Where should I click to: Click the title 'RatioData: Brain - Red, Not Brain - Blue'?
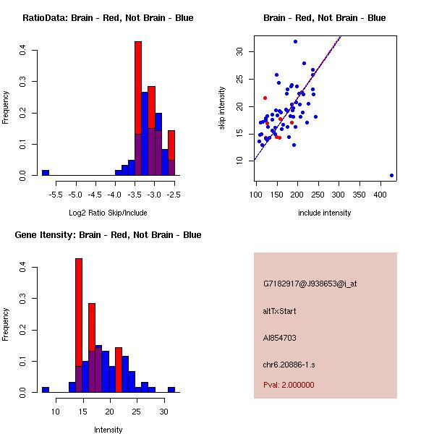pos(108,17)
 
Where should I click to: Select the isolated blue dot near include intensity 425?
pos(391,175)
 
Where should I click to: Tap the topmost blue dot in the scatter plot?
pos(295,41)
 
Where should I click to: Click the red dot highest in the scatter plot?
pos(265,98)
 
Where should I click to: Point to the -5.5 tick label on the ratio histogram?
pos(56,195)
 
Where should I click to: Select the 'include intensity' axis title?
pos(325,213)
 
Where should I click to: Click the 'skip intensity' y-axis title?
pos(222,109)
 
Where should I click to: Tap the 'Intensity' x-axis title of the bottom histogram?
pos(109,430)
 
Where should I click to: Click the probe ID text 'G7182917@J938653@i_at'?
pos(310,284)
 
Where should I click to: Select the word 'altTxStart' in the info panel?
pos(280,311)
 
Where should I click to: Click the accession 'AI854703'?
pos(280,338)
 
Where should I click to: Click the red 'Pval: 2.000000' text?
pos(289,385)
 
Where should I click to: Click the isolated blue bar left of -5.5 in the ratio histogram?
pos(46,173)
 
